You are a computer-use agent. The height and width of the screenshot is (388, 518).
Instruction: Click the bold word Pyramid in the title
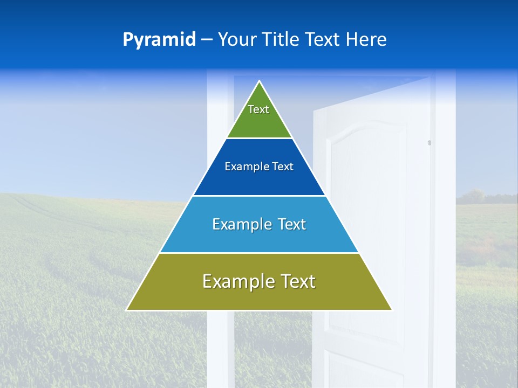159,39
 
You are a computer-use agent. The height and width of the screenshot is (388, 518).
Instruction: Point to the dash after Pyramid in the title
207,40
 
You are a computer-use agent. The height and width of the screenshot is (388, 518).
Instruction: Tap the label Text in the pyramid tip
258,109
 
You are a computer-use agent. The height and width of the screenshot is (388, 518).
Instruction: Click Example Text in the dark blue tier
259,167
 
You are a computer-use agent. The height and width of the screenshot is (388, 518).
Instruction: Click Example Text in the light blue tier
259,224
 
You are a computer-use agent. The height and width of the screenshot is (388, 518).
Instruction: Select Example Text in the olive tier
259,281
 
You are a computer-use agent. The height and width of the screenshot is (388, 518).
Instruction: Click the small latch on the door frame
430,143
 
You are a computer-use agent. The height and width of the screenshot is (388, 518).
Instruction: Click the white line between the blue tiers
259,196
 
